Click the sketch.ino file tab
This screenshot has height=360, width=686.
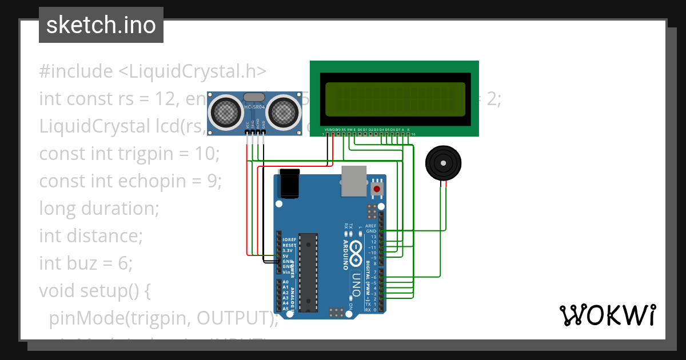[x=101, y=25]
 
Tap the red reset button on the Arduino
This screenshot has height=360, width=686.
[x=377, y=188]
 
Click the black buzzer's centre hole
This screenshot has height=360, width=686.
[x=442, y=163]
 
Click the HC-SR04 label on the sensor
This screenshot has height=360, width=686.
[x=254, y=107]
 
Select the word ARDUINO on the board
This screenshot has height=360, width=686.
[x=345, y=254]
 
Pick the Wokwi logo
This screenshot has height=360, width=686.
[x=607, y=315]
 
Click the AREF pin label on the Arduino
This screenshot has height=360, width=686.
[x=372, y=226]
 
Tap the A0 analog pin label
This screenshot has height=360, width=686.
[x=285, y=282]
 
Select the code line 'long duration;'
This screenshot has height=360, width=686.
[x=99, y=208]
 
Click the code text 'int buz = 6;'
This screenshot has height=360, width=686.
[x=86, y=263]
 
